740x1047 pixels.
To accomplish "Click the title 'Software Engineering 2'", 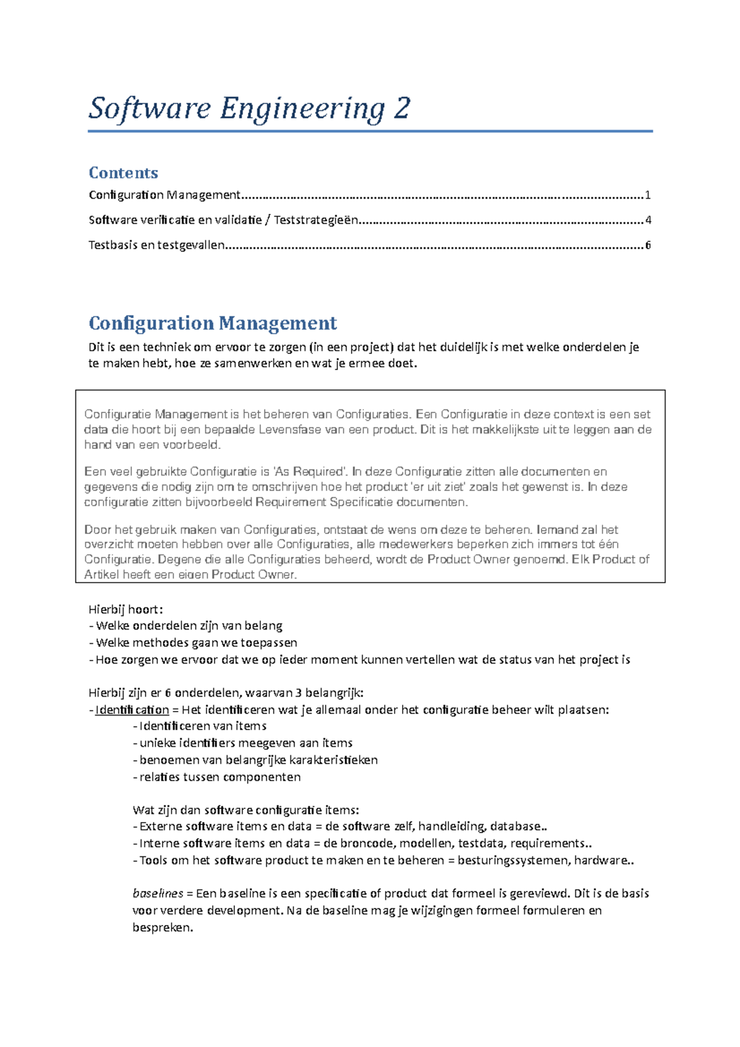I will click(x=249, y=109).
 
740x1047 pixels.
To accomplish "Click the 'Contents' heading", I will click(x=123, y=173).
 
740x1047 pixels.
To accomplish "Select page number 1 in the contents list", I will click(x=647, y=195).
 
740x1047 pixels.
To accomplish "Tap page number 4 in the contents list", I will click(x=647, y=220).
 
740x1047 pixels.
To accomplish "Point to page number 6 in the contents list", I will click(x=647, y=245).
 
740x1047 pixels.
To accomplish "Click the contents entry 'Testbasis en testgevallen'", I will click(x=157, y=245).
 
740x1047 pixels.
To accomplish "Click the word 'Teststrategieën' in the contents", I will click(x=316, y=220).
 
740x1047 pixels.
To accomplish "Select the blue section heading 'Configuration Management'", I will click(x=213, y=323).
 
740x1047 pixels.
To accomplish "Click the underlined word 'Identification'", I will click(x=132, y=710).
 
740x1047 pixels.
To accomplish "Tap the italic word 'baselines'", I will click(x=158, y=893).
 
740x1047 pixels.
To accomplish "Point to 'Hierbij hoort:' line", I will click(x=126, y=610).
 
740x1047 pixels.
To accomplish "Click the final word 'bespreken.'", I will click(x=163, y=927).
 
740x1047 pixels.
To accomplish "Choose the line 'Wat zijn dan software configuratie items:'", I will click(x=245, y=810).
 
